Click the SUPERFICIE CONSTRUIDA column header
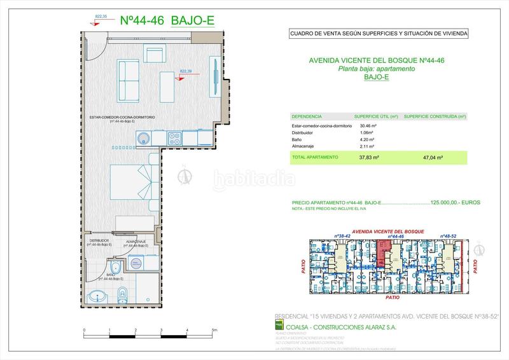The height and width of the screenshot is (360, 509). click(x=435, y=117)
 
